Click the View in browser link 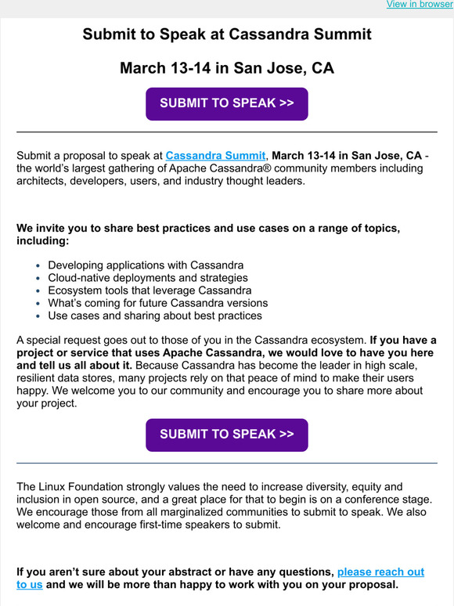click(x=419, y=5)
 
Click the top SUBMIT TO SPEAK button click(x=227, y=103)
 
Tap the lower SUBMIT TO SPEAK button click(x=227, y=435)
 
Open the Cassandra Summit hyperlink click(x=215, y=156)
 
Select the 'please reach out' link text click(x=380, y=572)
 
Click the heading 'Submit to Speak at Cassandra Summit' click(x=227, y=34)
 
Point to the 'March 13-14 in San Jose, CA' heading click(x=227, y=68)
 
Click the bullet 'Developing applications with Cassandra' click(x=146, y=265)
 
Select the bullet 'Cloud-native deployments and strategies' click(x=148, y=278)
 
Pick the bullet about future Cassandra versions click(x=158, y=303)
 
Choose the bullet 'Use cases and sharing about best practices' click(x=155, y=316)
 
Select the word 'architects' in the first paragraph click(x=43, y=181)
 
